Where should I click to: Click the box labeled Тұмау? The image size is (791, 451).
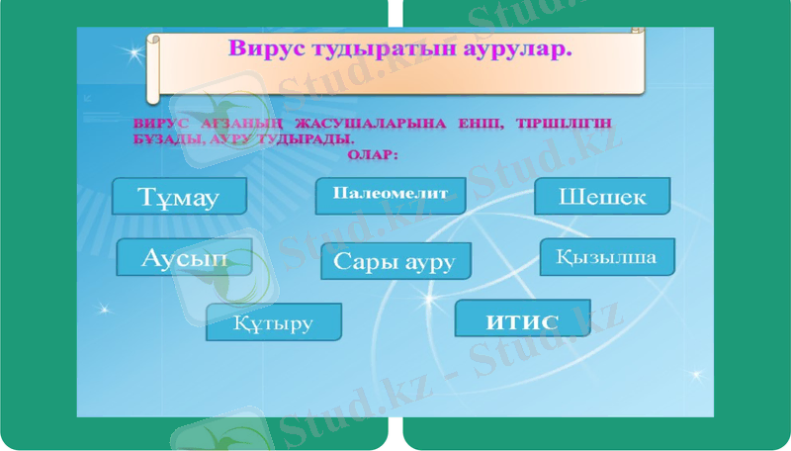coord(179,196)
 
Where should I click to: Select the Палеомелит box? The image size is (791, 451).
coord(391,194)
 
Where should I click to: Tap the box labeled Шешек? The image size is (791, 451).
coord(602,196)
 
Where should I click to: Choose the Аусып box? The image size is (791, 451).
coord(184,257)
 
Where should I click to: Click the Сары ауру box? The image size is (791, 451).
coord(395,261)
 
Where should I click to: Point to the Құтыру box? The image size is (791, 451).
coord(274,322)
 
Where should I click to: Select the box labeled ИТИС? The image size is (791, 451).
coord(522,320)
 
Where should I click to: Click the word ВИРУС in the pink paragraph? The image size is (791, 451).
coord(155,124)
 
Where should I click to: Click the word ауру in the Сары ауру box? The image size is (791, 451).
coord(428,263)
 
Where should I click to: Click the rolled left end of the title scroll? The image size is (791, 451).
coord(152,67)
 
